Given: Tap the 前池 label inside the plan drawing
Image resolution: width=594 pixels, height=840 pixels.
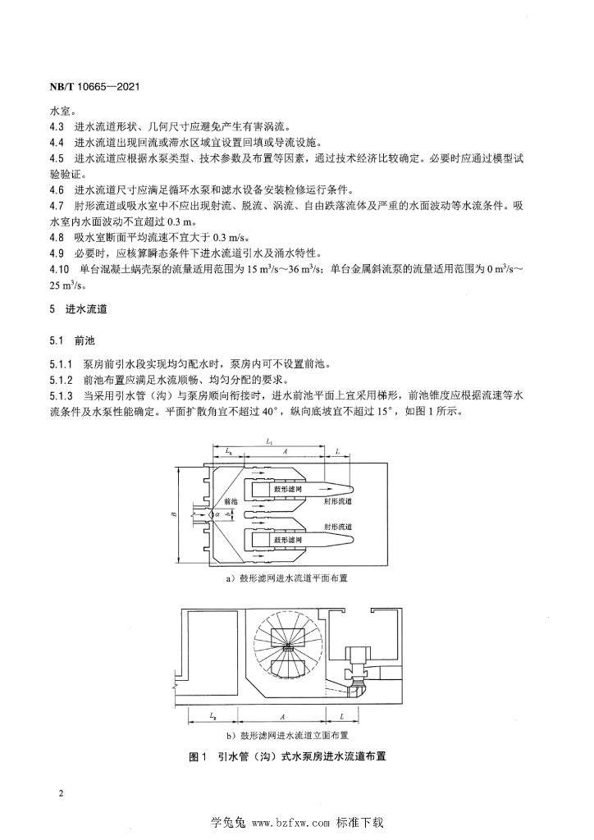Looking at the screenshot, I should click(x=231, y=500).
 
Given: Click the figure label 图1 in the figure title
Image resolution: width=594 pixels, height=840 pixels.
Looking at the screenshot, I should click(x=196, y=757).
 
